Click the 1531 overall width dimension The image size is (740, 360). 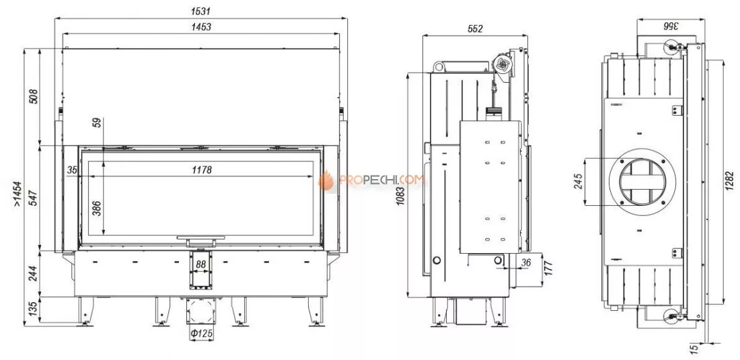pyautogui.click(x=201, y=11)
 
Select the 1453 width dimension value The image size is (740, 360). pyautogui.click(x=201, y=27)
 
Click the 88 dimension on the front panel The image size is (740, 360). pyautogui.click(x=201, y=264)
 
